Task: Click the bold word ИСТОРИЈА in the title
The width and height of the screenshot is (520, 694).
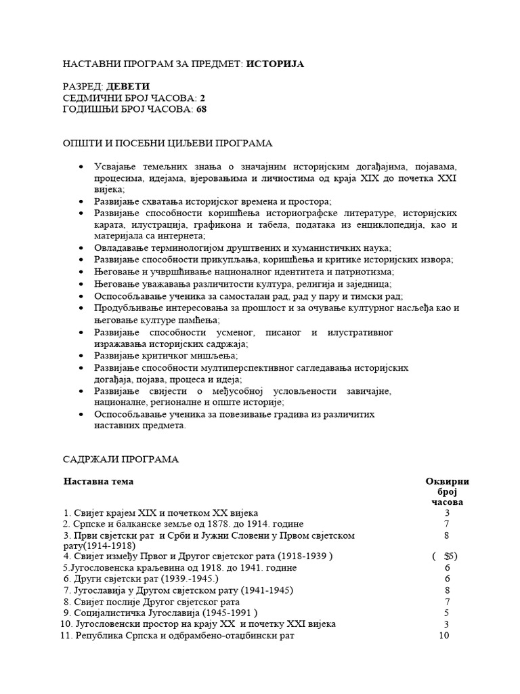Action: [275, 64]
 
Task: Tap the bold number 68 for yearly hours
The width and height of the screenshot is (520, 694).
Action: [202, 108]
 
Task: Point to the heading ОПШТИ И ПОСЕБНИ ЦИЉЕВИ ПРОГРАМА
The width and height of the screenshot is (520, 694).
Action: [168, 144]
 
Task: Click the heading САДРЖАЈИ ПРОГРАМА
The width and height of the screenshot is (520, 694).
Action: [121, 460]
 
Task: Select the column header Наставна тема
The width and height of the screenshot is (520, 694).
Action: [99, 481]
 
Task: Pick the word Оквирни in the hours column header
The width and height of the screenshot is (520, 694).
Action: [447, 481]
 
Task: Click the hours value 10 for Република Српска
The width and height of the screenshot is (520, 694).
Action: [444, 636]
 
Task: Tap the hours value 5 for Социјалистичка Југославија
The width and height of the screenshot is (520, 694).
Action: [447, 613]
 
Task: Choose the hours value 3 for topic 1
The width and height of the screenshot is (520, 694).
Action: [447, 513]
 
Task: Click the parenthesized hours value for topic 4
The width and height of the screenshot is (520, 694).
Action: [446, 556]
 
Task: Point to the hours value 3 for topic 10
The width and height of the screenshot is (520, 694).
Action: [447, 624]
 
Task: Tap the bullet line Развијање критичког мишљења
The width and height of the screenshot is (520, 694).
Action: [166, 356]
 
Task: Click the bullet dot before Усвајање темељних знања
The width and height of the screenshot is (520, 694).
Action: [82, 167]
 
